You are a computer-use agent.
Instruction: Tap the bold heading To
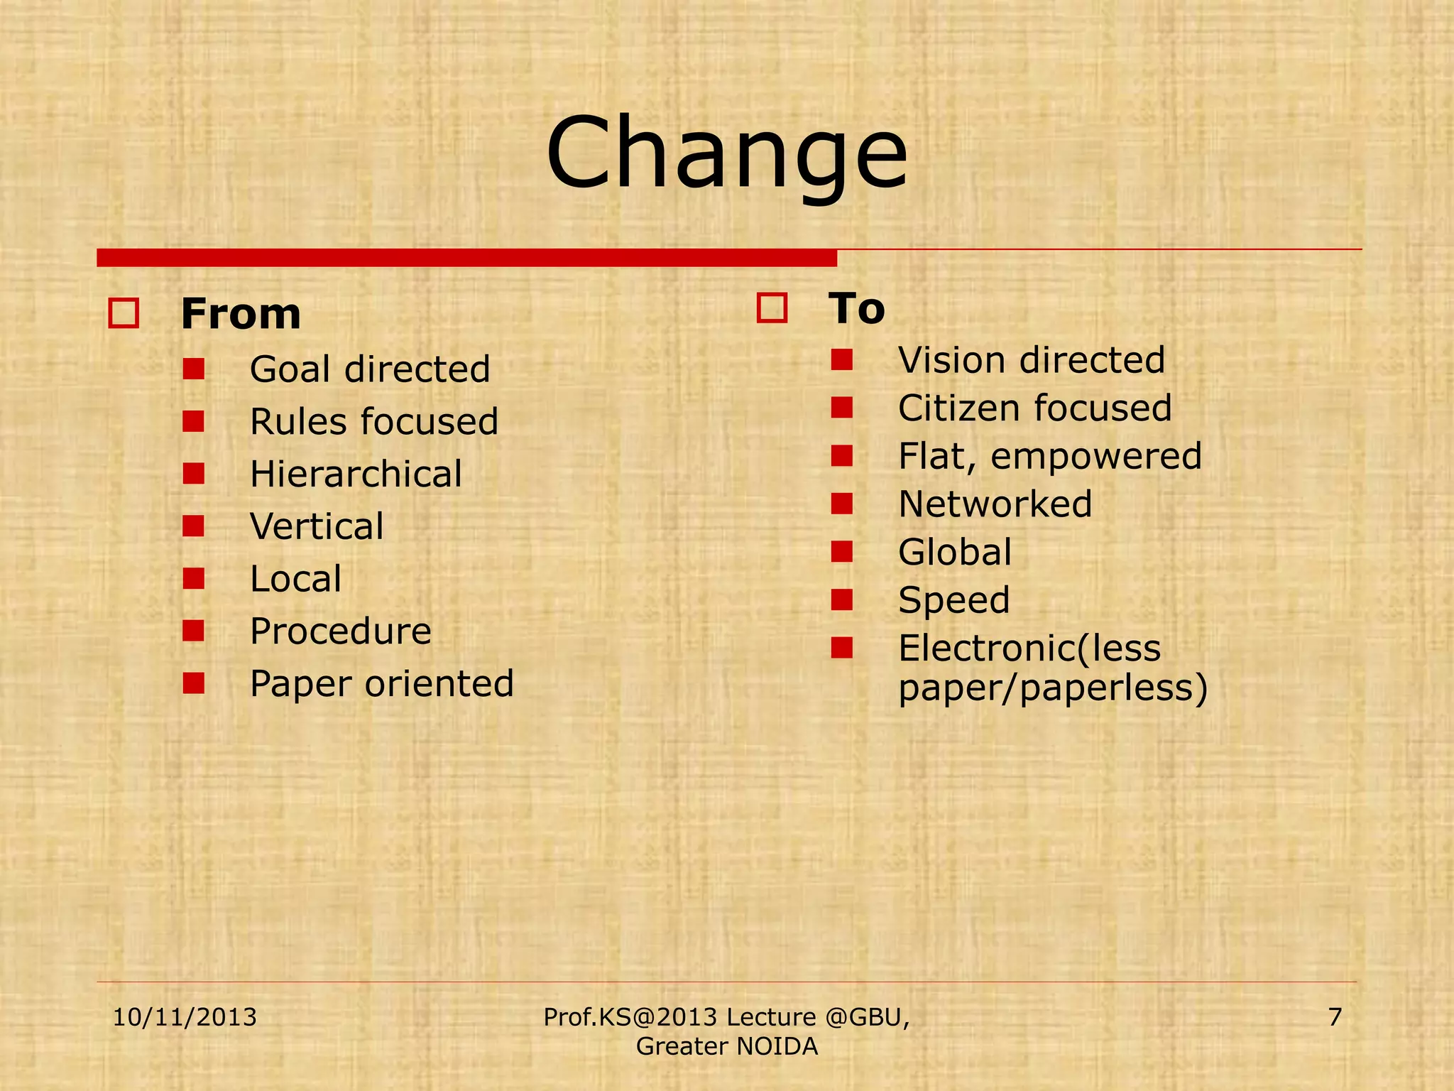coord(857,308)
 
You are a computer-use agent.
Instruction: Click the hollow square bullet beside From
coord(124,313)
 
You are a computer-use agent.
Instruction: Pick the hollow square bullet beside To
coord(772,308)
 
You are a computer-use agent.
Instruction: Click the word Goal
coord(290,369)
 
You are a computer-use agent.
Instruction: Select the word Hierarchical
coord(356,474)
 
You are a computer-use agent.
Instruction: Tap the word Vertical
coord(317,526)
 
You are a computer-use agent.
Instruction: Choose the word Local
coord(295,579)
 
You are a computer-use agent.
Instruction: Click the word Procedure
coord(340,631)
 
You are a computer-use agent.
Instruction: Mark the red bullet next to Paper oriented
coord(193,683)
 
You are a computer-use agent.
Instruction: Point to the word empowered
coord(1095,457)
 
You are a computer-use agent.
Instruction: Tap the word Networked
coord(995,504)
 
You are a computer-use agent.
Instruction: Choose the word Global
coord(955,552)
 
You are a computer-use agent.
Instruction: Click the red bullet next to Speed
coord(841,600)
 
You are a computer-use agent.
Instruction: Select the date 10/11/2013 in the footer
coord(185,1017)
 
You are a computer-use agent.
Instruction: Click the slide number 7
coord(1335,1017)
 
